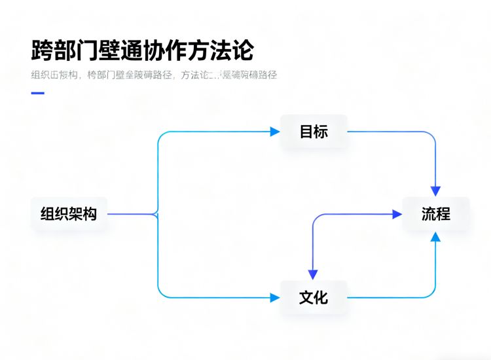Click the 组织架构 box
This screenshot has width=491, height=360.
[x=69, y=214]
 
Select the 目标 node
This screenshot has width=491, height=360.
[x=314, y=132]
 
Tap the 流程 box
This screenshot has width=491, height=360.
[x=435, y=214]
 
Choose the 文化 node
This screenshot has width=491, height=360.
[x=314, y=298]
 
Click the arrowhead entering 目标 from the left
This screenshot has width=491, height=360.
[x=276, y=132]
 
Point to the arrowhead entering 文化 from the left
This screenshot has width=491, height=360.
[x=276, y=298]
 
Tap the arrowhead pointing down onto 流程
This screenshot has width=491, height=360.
[x=435, y=190]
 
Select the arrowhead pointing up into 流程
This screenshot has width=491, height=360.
[x=435, y=237]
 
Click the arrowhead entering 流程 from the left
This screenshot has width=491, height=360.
[x=397, y=214]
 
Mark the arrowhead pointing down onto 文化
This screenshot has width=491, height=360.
[x=313, y=275]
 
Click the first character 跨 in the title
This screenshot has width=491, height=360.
[x=43, y=50]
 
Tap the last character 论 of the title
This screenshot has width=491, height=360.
[x=243, y=50]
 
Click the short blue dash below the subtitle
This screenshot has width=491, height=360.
[x=37, y=93]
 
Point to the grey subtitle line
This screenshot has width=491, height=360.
[x=154, y=75]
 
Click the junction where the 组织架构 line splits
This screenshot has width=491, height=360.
[x=157, y=214]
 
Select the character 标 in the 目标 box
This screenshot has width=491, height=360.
[x=321, y=132]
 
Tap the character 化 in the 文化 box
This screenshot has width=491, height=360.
[x=321, y=298]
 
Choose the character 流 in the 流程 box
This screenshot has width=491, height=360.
[x=428, y=214]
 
